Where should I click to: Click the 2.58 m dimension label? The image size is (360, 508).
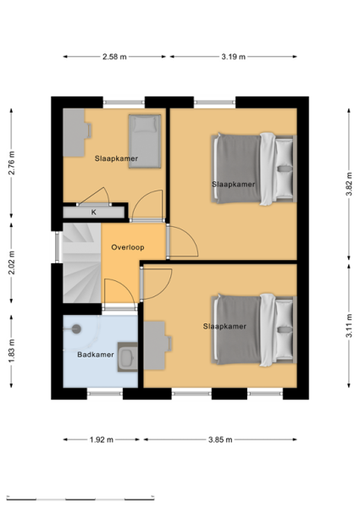coord(114,57)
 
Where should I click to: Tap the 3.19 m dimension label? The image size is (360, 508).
coord(233,57)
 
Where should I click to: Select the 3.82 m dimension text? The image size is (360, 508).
coord(349,184)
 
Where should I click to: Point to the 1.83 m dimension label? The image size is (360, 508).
coord(11,351)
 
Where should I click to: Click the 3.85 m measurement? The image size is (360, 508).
coord(220,439)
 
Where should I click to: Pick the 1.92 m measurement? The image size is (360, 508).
coord(102,439)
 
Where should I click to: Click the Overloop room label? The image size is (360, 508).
coord(128,247)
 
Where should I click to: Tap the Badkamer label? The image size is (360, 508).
coord(96,355)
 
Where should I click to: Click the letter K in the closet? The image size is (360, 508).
coord(94,213)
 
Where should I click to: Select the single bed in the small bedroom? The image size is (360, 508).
coord(145,141)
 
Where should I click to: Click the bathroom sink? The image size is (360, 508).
coord(127,356)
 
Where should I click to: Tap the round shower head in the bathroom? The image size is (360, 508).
coord(76,329)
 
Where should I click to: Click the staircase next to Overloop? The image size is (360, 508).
coord(82,262)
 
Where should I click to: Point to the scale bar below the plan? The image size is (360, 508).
coord(80,498)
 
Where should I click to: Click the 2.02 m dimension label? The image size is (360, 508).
coord(11,262)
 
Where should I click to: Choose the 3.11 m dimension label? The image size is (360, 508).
coord(349,326)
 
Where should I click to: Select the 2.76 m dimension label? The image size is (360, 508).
coord(11,163)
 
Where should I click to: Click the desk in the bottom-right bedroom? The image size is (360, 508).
coord(158,345)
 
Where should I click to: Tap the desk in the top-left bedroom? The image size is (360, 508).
coord(76,133)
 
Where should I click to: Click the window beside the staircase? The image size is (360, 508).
coord(58,247)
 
